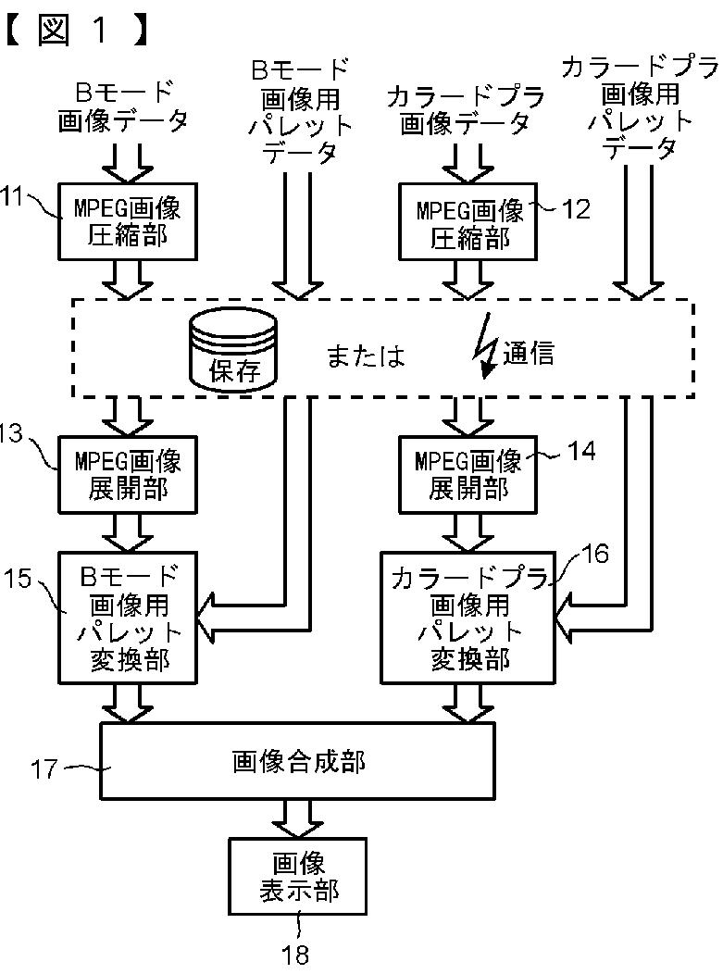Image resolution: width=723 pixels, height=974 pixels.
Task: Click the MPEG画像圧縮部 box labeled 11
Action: coord(128,221)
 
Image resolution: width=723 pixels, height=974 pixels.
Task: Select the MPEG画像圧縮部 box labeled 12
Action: coord(467,221)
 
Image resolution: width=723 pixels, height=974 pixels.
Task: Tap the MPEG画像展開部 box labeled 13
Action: coord(128,475)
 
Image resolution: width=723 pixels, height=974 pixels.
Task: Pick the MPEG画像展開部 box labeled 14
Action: coord(467,475)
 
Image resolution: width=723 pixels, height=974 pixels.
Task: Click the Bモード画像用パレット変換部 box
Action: coord(128,618)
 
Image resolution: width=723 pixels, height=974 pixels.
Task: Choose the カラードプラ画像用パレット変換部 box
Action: coord(467,618)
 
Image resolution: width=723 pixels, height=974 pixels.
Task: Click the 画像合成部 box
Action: coord(297,761)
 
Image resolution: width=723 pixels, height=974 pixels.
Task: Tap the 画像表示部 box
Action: coord(297,877)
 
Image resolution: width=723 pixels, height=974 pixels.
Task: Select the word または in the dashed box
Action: coord(366,356)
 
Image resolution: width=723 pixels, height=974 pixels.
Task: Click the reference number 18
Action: coord(295,955)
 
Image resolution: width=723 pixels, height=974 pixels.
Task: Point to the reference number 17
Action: coord(44,769)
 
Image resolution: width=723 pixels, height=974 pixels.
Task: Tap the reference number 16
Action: coord(595,554)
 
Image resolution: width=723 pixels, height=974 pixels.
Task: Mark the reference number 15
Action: coord(18,579)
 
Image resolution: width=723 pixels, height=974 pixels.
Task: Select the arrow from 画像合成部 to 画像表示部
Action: coord(297,818)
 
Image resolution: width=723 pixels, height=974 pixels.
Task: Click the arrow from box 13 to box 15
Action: coord(128,533)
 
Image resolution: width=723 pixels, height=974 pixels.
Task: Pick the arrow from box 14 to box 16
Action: coord(467,533)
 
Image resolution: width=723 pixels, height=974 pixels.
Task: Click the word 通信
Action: coord(528,353)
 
